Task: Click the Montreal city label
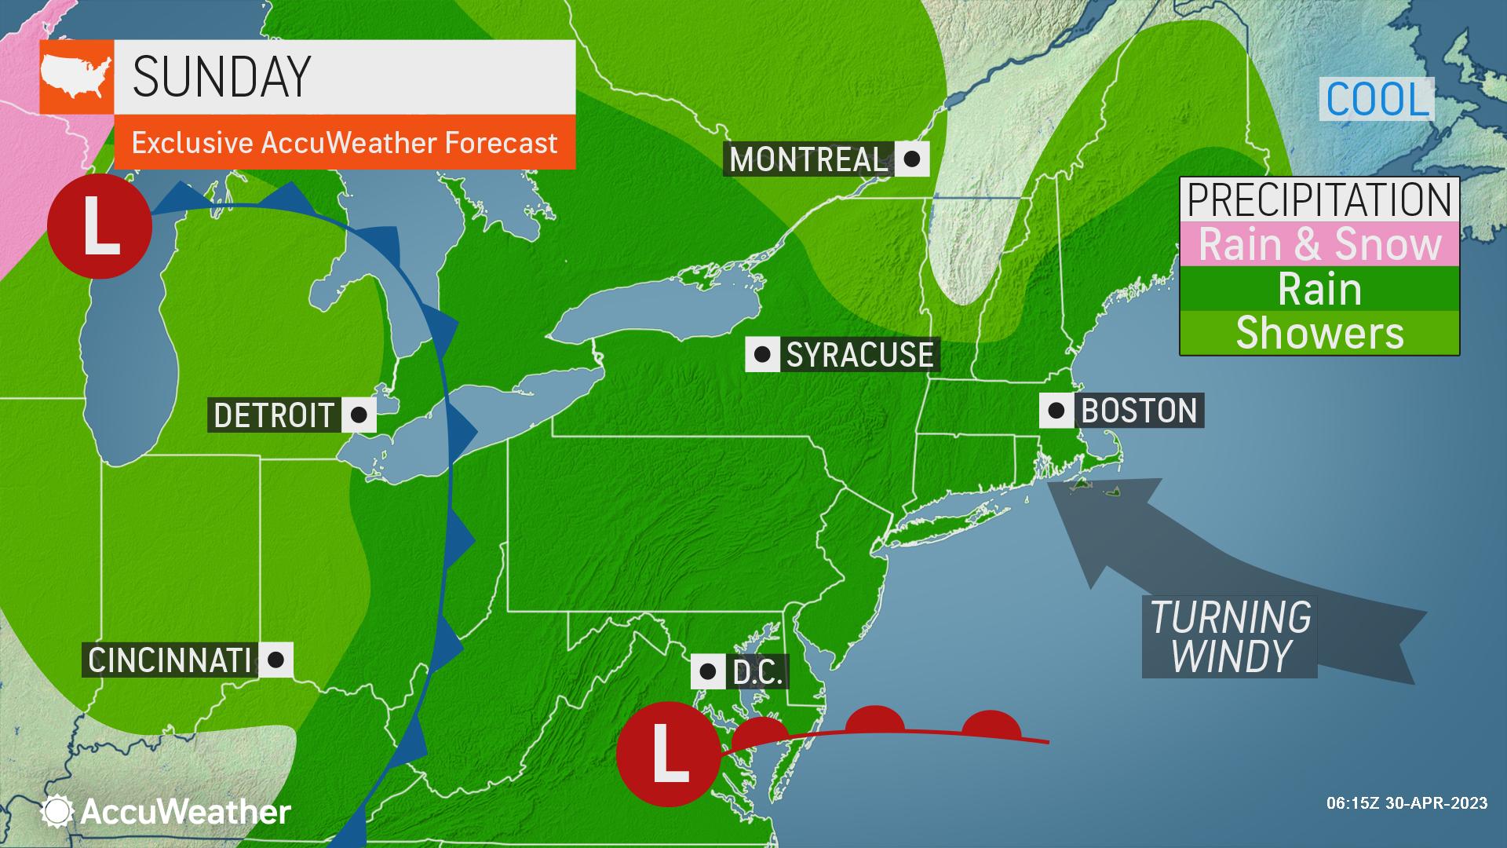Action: coord(808,159)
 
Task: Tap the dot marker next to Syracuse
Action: coord(761,355)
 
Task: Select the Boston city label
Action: coord(1139,411)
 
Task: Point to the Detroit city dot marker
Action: coord(359,415)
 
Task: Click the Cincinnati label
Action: coord(170,660)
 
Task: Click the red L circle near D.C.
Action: coord(667,754)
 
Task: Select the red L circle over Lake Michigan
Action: coord(100,226)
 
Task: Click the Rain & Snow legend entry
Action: coord(1319,244)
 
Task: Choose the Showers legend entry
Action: coord(1319,333)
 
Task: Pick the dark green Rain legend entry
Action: coord(1319,289)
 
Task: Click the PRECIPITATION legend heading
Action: coord(1319,199)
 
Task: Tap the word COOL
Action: coord(1377,100)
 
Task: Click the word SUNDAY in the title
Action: coord(222,77)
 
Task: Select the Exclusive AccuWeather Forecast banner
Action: coord(345,143)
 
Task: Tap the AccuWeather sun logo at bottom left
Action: coord(57,811)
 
